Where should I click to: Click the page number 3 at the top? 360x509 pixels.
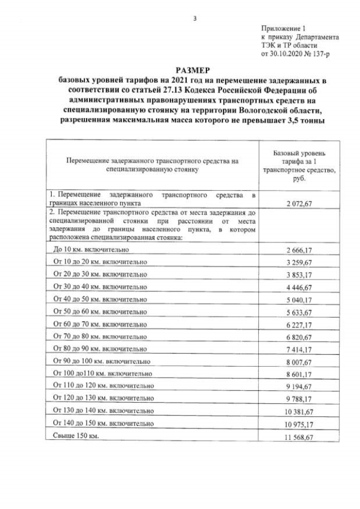pos(195,19)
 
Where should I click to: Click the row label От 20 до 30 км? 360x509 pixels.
pos(100,274)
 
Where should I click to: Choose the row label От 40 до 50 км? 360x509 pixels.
pos(100,299)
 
